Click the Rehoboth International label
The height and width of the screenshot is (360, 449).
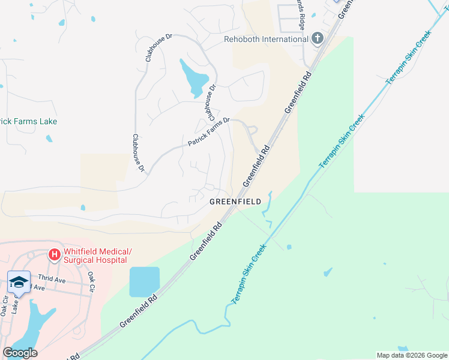(266, 40)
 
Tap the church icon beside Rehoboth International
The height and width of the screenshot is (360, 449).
(318, 39)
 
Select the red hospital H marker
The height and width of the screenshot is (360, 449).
(55, 256)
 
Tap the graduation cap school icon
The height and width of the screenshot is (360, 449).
(19, 282)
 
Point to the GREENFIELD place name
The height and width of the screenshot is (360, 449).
(235, 202)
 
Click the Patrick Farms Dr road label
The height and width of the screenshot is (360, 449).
(209, 132)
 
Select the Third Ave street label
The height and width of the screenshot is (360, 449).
(51, 278)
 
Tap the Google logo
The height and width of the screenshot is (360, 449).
(20, 353)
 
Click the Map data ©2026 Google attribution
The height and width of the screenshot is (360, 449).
(412, 355)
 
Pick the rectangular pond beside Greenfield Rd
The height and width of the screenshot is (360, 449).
(145, 282)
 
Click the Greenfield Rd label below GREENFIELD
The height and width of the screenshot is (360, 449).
(206, 241)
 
